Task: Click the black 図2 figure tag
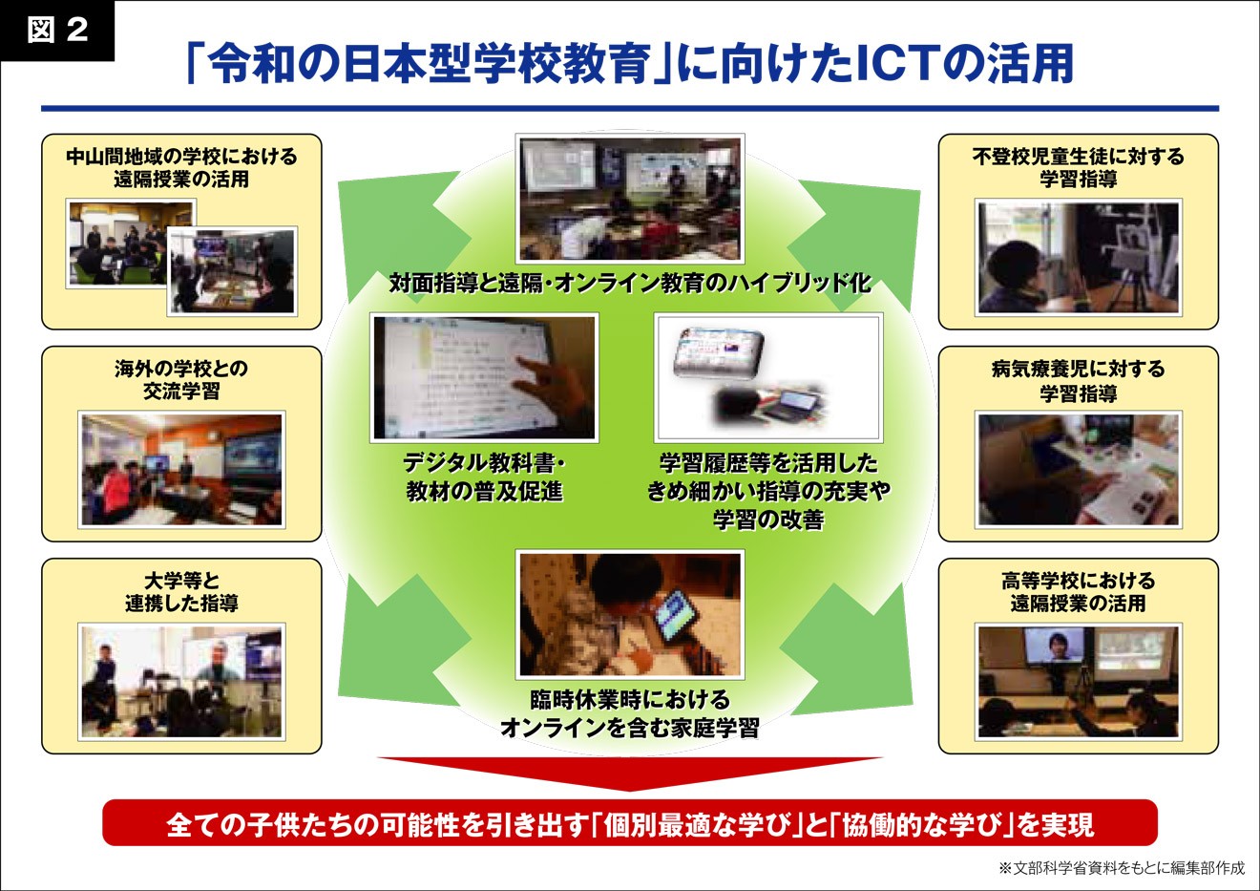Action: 57,31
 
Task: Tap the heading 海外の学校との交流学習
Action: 181,380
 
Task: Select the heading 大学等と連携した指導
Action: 181,592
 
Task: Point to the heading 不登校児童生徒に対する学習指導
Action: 1079,168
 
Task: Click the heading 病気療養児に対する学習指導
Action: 1079,380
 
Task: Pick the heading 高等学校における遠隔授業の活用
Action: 1079,592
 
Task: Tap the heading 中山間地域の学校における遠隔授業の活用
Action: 181,168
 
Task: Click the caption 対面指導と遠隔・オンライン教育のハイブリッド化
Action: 630,283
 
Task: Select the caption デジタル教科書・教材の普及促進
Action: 484,477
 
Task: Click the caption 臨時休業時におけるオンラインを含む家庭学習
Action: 630,714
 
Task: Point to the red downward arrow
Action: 630,774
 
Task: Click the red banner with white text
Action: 630,823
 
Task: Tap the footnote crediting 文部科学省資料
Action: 1122,868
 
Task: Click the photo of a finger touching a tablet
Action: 484,377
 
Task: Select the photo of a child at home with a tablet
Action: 630,614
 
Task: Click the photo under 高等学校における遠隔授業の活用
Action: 1079,682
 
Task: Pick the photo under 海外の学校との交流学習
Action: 181,470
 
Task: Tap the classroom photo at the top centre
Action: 630,199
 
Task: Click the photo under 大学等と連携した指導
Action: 181,682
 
